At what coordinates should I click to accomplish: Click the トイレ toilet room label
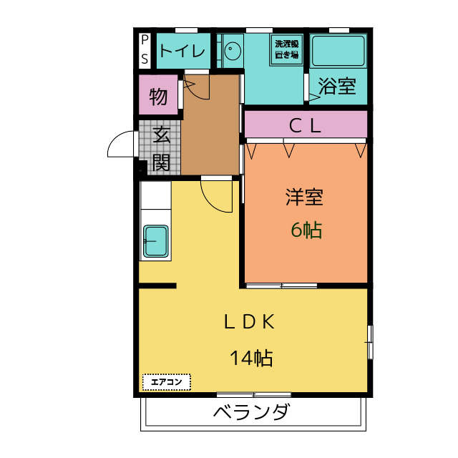(182, 52)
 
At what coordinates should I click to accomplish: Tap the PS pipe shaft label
(145, 49)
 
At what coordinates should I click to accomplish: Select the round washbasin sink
(233, 51)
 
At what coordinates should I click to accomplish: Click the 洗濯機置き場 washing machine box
(286, 50)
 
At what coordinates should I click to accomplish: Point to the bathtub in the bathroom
(338, 51)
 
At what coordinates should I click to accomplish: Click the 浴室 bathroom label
(337, 86)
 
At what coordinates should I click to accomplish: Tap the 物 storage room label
(158, 97)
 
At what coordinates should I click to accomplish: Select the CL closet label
(305, 127)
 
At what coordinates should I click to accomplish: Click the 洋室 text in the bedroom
(304, 198)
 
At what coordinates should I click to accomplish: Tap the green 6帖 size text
(307, 230)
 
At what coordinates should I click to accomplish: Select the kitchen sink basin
(156, 241)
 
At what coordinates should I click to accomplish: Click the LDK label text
(249, 321)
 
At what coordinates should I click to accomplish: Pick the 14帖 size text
(252, 358)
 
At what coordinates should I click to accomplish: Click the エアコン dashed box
(167, 382)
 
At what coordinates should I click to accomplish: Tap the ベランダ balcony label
(252, 411)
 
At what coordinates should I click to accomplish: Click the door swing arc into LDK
(211, 202)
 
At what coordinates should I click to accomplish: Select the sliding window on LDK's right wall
(370, 342)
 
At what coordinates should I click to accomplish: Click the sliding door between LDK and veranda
(254, 395)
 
